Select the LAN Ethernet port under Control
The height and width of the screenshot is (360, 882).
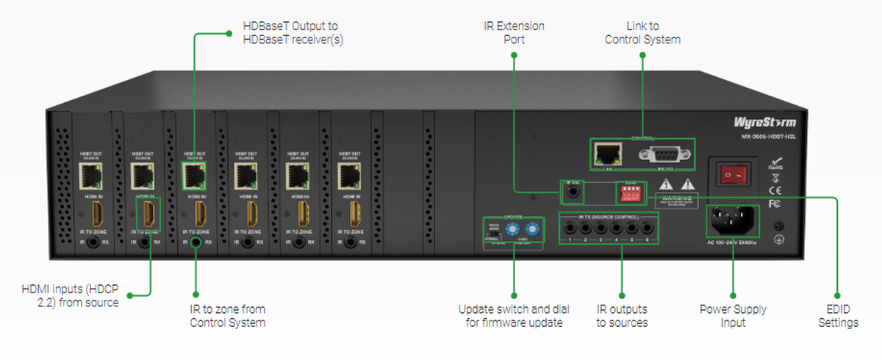tap(607, 154)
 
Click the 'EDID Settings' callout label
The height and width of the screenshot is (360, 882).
tap(838, 316)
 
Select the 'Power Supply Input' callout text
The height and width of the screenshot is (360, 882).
tap(733, 316)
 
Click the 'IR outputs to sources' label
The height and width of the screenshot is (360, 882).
tap(622, 316)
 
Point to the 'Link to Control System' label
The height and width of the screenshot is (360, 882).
tap(642, 33)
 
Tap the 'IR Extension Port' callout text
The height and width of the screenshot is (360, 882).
tap(514, 33)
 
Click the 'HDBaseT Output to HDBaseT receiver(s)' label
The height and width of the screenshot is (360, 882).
tap(293, 33)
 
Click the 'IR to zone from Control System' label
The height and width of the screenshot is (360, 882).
tap(228, 316)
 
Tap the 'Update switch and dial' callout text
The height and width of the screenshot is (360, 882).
tap(514, 316)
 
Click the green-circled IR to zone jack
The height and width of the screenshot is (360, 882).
tap(196, 240)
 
